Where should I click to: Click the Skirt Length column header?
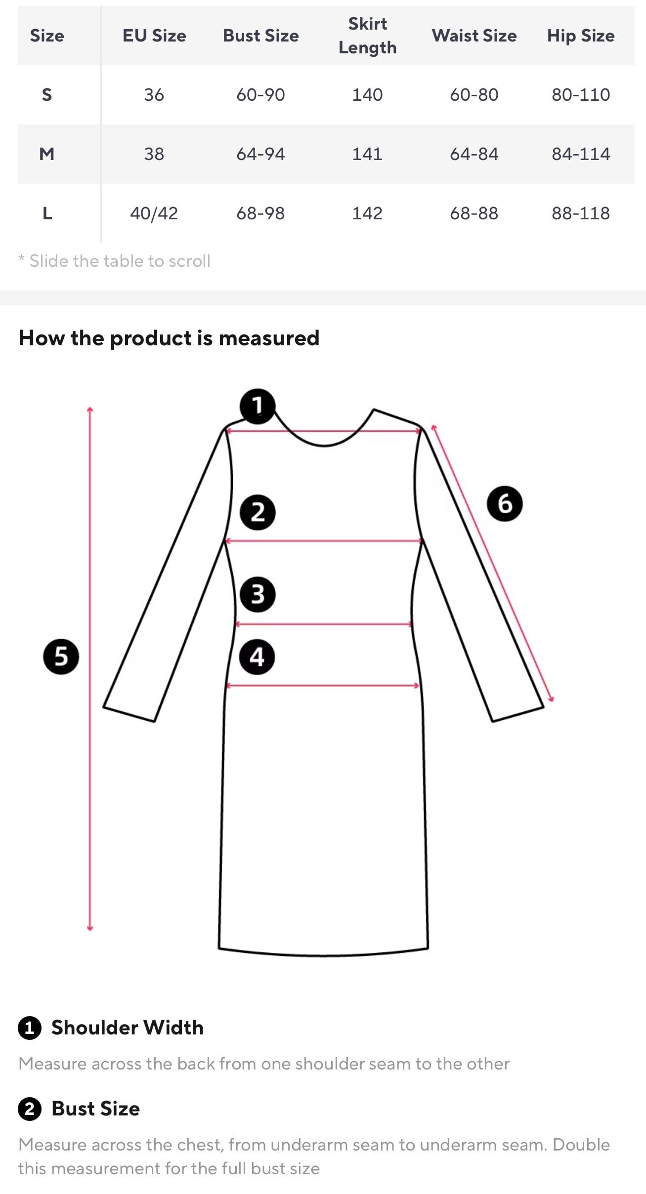[x=367, y=36]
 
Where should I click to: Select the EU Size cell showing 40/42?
[x=154, y=213]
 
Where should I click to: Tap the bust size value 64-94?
[x=260, y=154]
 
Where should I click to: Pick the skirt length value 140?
[x=367, y=95]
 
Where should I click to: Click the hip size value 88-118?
[x=581, y=213]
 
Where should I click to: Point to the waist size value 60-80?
[x=474, y=95]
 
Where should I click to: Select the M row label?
[x=47, y=154]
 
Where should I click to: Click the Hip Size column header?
[x=581, y=36]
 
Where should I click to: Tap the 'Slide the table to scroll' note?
[x=115, y=261]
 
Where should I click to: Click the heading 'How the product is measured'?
[x=169, y=338]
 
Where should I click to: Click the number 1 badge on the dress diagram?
[x=257, y=406]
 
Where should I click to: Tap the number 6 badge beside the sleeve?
[x=505, y=503]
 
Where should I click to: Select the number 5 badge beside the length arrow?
[x=61, y=657]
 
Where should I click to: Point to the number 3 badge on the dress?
[x=258, y=594]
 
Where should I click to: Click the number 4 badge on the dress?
[x=257, y=657]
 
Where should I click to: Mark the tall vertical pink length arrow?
[x=90, y=668]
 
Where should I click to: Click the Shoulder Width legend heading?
[x=128, y=1028]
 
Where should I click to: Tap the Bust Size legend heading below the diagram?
[x=96, y=1109]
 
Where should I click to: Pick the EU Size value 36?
[x=154, y=95]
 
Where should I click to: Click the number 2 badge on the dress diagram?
[x=258, y=512]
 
